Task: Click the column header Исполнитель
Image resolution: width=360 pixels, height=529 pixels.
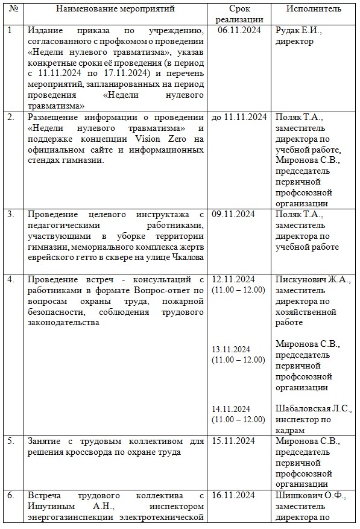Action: click(314, 9)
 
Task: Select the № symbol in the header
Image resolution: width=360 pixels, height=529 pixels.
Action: click(13, 9)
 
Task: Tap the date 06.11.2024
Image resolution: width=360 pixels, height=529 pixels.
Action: click(239, 30)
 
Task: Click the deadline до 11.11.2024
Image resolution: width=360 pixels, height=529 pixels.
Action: click(239, 117)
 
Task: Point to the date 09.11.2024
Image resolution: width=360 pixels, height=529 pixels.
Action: click(233, 214)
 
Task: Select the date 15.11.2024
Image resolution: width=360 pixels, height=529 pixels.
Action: click(233, 441)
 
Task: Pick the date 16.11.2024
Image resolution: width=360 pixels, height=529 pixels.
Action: click(233, 495)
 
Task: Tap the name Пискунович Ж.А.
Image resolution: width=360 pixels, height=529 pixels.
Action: click(308, 279)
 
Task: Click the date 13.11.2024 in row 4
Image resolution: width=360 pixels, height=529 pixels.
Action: click(231, 349)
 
